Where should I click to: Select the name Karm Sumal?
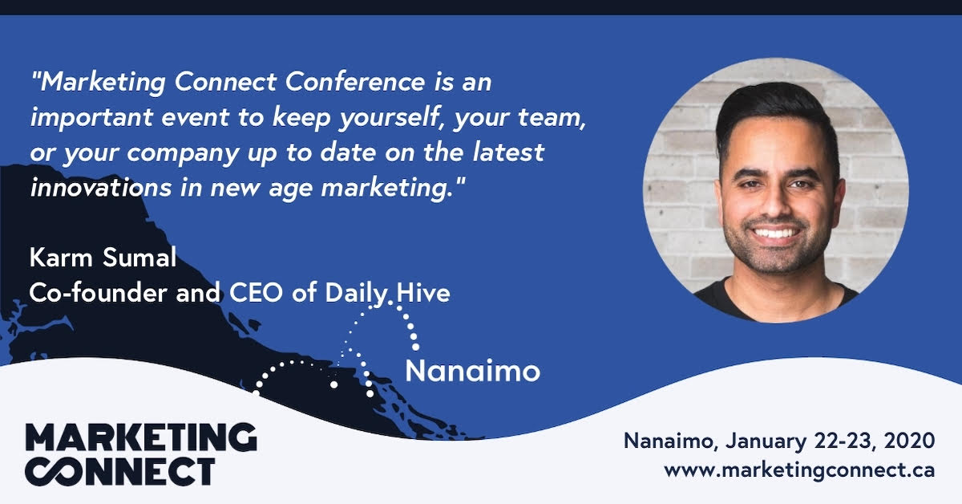point(102,258)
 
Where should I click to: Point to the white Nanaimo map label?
point(472,372)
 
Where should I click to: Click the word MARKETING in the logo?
point(141,439)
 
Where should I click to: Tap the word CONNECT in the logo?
point(120,471)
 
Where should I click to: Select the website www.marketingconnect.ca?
point(799,469)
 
